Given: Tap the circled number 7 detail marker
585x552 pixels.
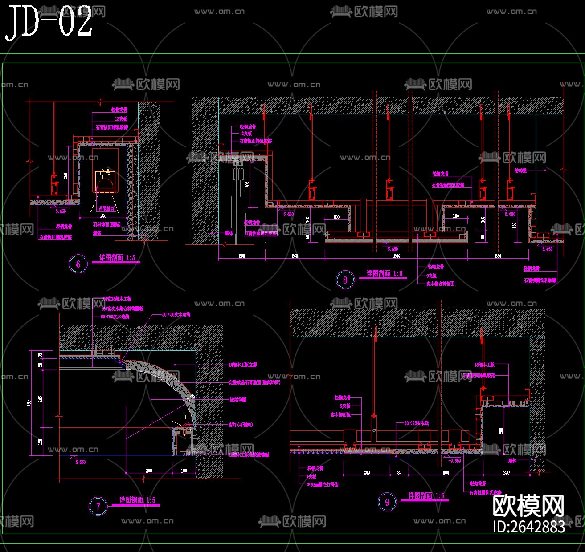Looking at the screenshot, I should pyautogui.click(x=98, y=506).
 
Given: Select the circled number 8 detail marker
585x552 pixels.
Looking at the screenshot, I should pyautogui.click(x=345, y=280).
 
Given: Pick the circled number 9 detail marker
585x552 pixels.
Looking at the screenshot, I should pyautogui.click(x=387, y=503).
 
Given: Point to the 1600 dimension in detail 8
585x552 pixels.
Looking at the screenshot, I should pyautogui.click(x=396, y=256).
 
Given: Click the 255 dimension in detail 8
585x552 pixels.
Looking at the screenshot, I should pyautogui.click(x=295, y=256).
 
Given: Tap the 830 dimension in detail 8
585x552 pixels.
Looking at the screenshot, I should pyautogui.click(x=498, y=256).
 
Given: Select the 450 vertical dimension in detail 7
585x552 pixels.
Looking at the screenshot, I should pyautogui.click(x=29, y=403).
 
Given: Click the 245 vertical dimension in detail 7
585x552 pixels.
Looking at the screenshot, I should pyautogui.click(x=40, y=399).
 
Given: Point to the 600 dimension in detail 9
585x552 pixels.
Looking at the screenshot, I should pyautogui.click(x=446, y=473).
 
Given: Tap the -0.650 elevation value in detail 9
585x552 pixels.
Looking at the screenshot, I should pyautogui.click(x=455, y=461).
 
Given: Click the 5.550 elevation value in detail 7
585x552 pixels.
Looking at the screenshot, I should pyautogui.click(x=81, y=463).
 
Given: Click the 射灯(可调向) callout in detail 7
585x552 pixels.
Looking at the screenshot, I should pyautogui.click(x=241, y=425).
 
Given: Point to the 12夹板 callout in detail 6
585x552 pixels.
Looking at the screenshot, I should pyautogui.click(x=121, y=119).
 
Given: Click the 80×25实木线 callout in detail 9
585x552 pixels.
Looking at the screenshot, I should pyautogui.click(x=416, y=423).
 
